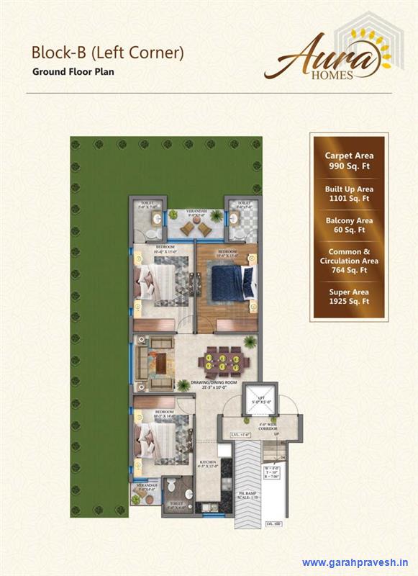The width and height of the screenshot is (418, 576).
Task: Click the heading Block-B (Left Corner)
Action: click(x=107, y=53)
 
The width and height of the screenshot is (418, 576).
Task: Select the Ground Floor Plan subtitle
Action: click(x=73, y=72)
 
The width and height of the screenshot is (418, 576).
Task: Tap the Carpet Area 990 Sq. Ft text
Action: click(x=349, y=160)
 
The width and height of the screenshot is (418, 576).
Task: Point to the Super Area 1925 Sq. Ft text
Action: click(x=349, y=297)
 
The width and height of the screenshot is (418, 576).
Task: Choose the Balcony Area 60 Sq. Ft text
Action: click(x=349, y=225)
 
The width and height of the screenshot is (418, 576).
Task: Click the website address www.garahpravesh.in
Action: click(x=355, y=562)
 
